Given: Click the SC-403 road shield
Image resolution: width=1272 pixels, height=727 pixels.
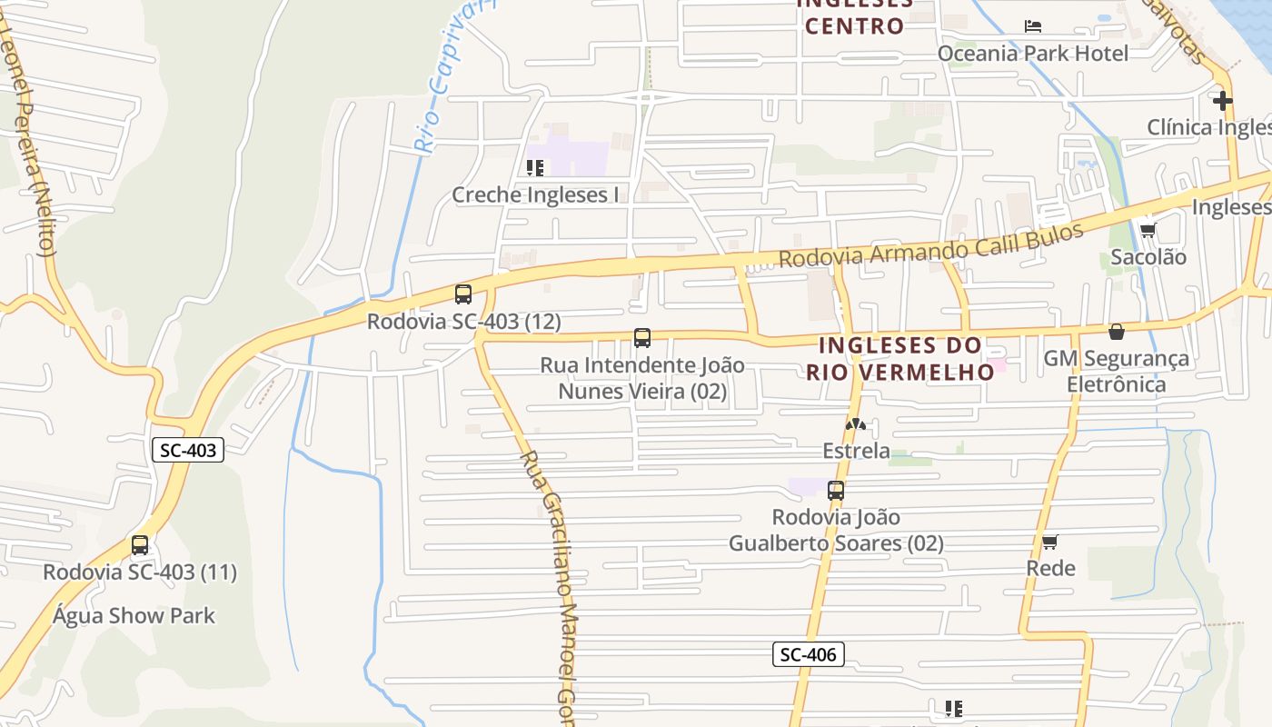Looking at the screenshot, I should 188,450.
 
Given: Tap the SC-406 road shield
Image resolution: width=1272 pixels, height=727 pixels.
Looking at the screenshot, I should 809,653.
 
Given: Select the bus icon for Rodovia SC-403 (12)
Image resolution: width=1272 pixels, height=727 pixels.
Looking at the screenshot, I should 463,294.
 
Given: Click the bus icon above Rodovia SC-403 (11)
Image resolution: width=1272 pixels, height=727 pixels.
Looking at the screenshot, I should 140,545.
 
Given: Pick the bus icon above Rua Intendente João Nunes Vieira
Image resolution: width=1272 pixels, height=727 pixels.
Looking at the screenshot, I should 642,339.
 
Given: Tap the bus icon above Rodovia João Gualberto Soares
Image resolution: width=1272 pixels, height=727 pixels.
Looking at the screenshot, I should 836,491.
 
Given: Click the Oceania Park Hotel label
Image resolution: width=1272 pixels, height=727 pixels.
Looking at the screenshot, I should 1032,54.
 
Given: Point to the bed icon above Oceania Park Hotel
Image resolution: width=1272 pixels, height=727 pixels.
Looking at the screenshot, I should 1033,25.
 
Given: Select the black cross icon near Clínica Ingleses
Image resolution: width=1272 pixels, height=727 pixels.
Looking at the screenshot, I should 1222,100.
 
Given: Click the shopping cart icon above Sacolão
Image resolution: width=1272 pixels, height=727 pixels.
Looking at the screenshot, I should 1148,230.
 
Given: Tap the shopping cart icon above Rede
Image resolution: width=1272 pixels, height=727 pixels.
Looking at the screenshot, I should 1050,542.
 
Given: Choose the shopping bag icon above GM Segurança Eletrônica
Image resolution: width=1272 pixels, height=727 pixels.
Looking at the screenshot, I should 1117,332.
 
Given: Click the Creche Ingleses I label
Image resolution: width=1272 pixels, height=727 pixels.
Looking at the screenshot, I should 535,194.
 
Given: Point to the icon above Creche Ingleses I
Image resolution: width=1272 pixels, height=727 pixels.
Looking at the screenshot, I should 535,168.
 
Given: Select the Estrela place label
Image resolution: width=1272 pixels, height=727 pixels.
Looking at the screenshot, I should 856,451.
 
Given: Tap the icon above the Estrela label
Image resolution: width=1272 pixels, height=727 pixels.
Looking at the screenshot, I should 856,424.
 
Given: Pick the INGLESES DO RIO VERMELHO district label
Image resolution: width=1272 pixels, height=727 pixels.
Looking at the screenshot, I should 900,358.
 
